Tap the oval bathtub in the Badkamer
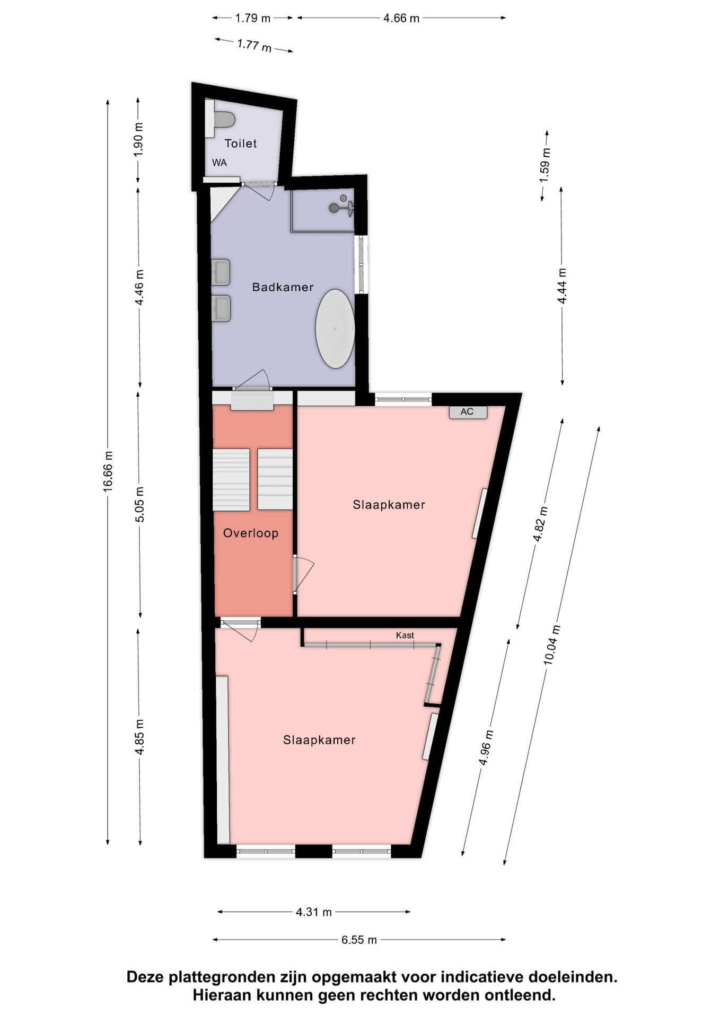click(335, 328)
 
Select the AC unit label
click(467, 412)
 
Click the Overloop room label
click(251, 533)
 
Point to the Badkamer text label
click(283, 287)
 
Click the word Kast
click(405, 635)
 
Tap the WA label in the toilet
click(219, 163)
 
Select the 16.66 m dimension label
click(108, 471)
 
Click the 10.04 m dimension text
click(551, 645)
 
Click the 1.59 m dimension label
click(545, 165)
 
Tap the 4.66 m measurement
click(401, 18)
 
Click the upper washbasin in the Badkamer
click(221, 272)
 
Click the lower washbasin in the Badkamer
click(221, 308)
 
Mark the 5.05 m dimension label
click(139, 504)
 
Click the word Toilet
click(241, 143)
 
